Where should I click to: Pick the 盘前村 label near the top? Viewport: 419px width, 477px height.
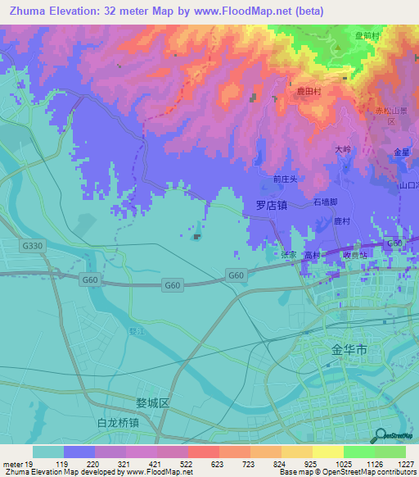tap(367, 37)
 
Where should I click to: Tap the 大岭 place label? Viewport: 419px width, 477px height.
tap(342, 150)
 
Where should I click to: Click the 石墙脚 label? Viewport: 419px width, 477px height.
tap(326, 201)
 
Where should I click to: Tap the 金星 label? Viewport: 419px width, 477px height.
tap(401, 152)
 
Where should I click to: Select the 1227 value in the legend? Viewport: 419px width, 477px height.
tap(405, 465)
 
